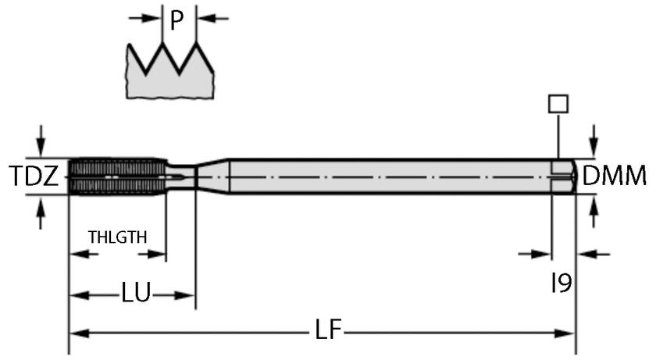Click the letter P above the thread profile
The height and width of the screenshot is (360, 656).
point(177,20)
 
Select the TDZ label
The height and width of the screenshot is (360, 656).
point(34,176)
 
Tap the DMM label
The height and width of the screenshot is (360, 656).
point(615,176)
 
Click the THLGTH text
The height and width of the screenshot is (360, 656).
point(117,237)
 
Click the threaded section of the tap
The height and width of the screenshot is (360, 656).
point(117,176)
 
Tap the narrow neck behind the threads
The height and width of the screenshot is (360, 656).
point(181,176)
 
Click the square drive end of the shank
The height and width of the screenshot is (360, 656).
point(563,176)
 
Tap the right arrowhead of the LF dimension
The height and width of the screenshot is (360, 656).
point(568,333)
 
